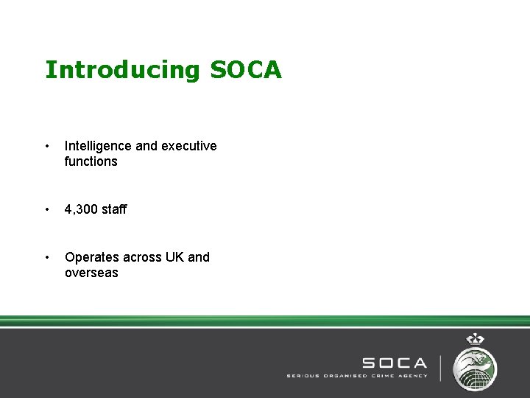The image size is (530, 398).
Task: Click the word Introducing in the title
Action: coord(122,70)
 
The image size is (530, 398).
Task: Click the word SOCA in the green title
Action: coord(246,69)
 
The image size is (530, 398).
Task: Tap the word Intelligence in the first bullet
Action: coord(99,146)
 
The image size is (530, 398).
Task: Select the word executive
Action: coord(188,146)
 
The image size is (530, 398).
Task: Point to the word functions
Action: coord(91,161)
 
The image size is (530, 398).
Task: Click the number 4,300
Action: coord(82,209)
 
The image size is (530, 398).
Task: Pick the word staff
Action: coord(114,209)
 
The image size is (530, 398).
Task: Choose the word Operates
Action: coord(92,257)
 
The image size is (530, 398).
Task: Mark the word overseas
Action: coord(91,273)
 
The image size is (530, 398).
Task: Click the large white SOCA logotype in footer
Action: coord(394,363)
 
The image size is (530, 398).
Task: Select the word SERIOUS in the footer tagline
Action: coord(303,375)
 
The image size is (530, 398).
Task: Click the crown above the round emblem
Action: coord(476,340)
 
